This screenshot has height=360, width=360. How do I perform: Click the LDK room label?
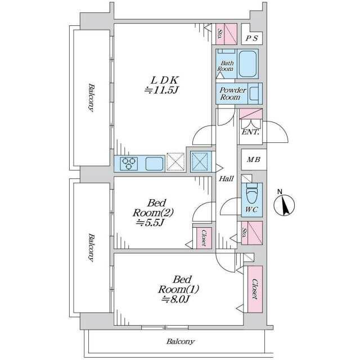coord(164,80)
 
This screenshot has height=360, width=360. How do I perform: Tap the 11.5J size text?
coord(161,90)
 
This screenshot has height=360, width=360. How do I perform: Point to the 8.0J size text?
coord(175,299)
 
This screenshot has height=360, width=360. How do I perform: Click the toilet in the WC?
coord(252,192)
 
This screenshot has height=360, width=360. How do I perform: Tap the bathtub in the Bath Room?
coord(247,64)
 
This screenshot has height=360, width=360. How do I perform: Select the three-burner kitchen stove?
coord(129,164)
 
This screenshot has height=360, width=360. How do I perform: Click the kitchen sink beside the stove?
coord(155,164)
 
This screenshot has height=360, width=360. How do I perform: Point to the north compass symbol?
coord(284,204)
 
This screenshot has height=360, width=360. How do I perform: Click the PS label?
coord(252,38)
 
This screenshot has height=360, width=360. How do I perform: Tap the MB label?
coord(254,159)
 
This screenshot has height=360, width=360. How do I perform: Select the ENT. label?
coord(250,132)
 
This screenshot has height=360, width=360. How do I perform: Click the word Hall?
coord(226,178)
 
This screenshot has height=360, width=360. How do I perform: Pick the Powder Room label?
coord(232,93)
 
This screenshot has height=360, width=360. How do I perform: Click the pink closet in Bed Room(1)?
coord(255,289)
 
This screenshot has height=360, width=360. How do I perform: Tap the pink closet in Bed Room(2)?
coord(204,238)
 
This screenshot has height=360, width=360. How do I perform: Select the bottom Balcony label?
coord(181,341)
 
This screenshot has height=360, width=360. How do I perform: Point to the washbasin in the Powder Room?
coord(254,93)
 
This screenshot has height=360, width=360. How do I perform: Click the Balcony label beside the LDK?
coord(91,97)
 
